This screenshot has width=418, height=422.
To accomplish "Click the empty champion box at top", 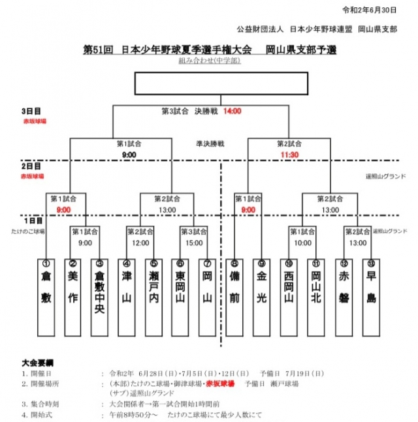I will click(221, 83).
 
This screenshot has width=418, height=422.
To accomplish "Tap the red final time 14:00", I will click(232, 112).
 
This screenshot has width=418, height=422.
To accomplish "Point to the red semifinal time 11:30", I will click(289, 155).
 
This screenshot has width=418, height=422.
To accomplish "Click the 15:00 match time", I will click(194, 243).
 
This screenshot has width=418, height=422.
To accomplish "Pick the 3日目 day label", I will click(31, 112).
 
